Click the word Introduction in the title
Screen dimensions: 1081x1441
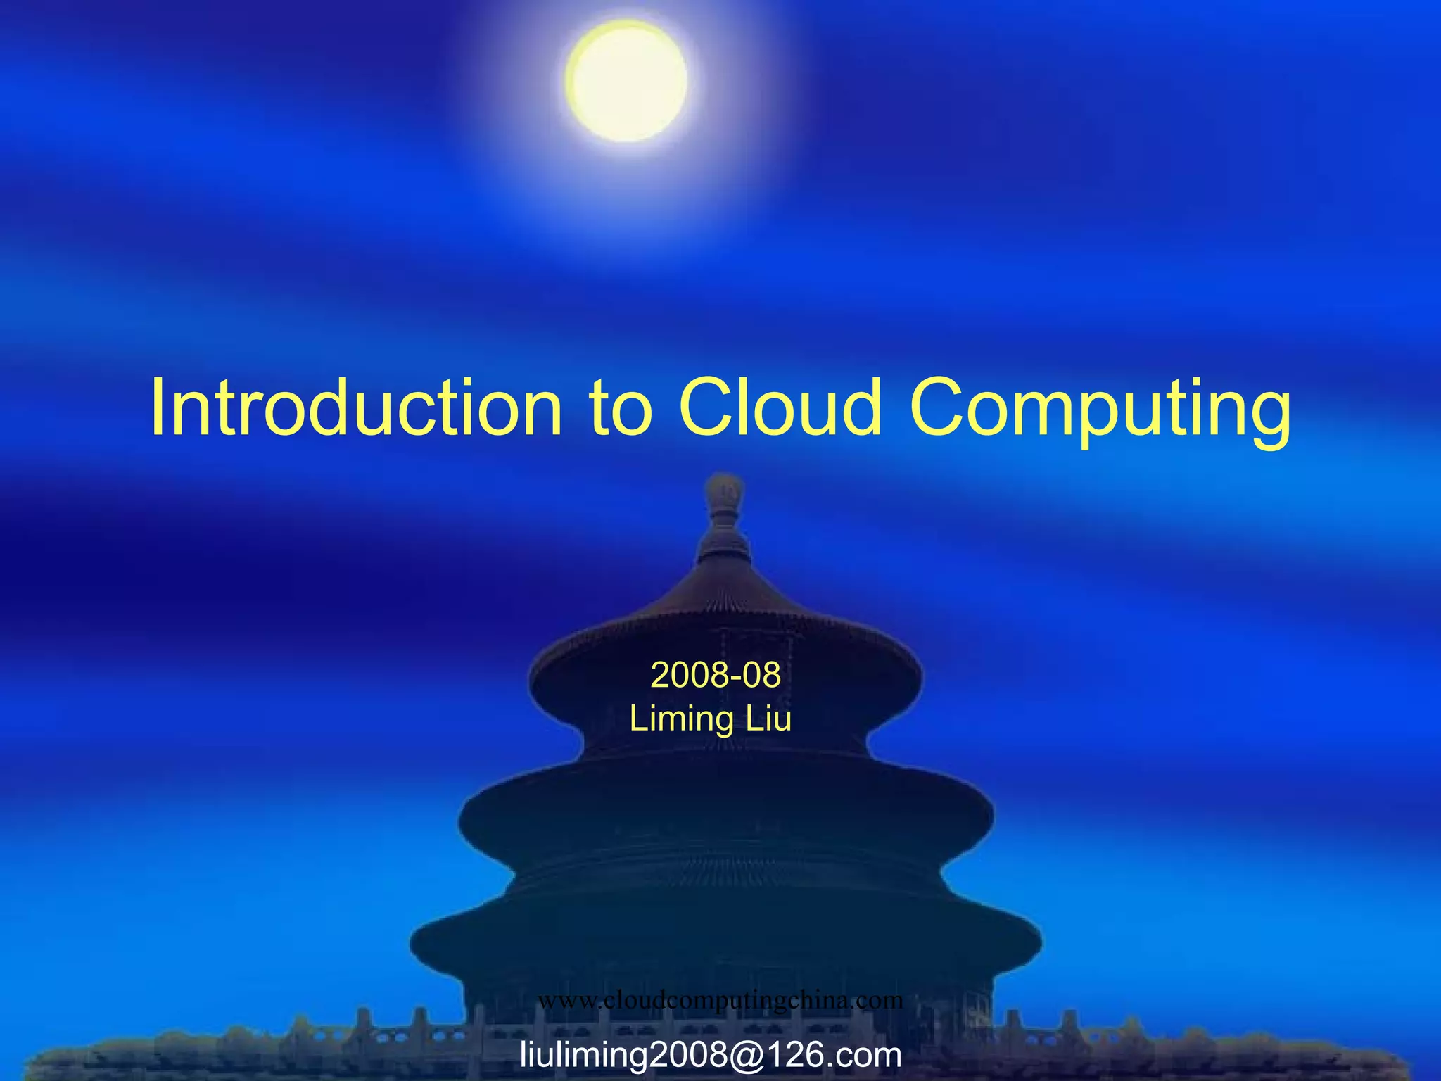356,408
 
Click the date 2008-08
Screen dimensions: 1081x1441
716,675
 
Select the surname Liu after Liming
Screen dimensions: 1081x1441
769,719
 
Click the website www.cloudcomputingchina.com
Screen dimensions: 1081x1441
720,999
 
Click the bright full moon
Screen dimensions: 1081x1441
626,80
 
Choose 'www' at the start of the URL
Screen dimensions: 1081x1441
566,1000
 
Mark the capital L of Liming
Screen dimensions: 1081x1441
637,719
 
